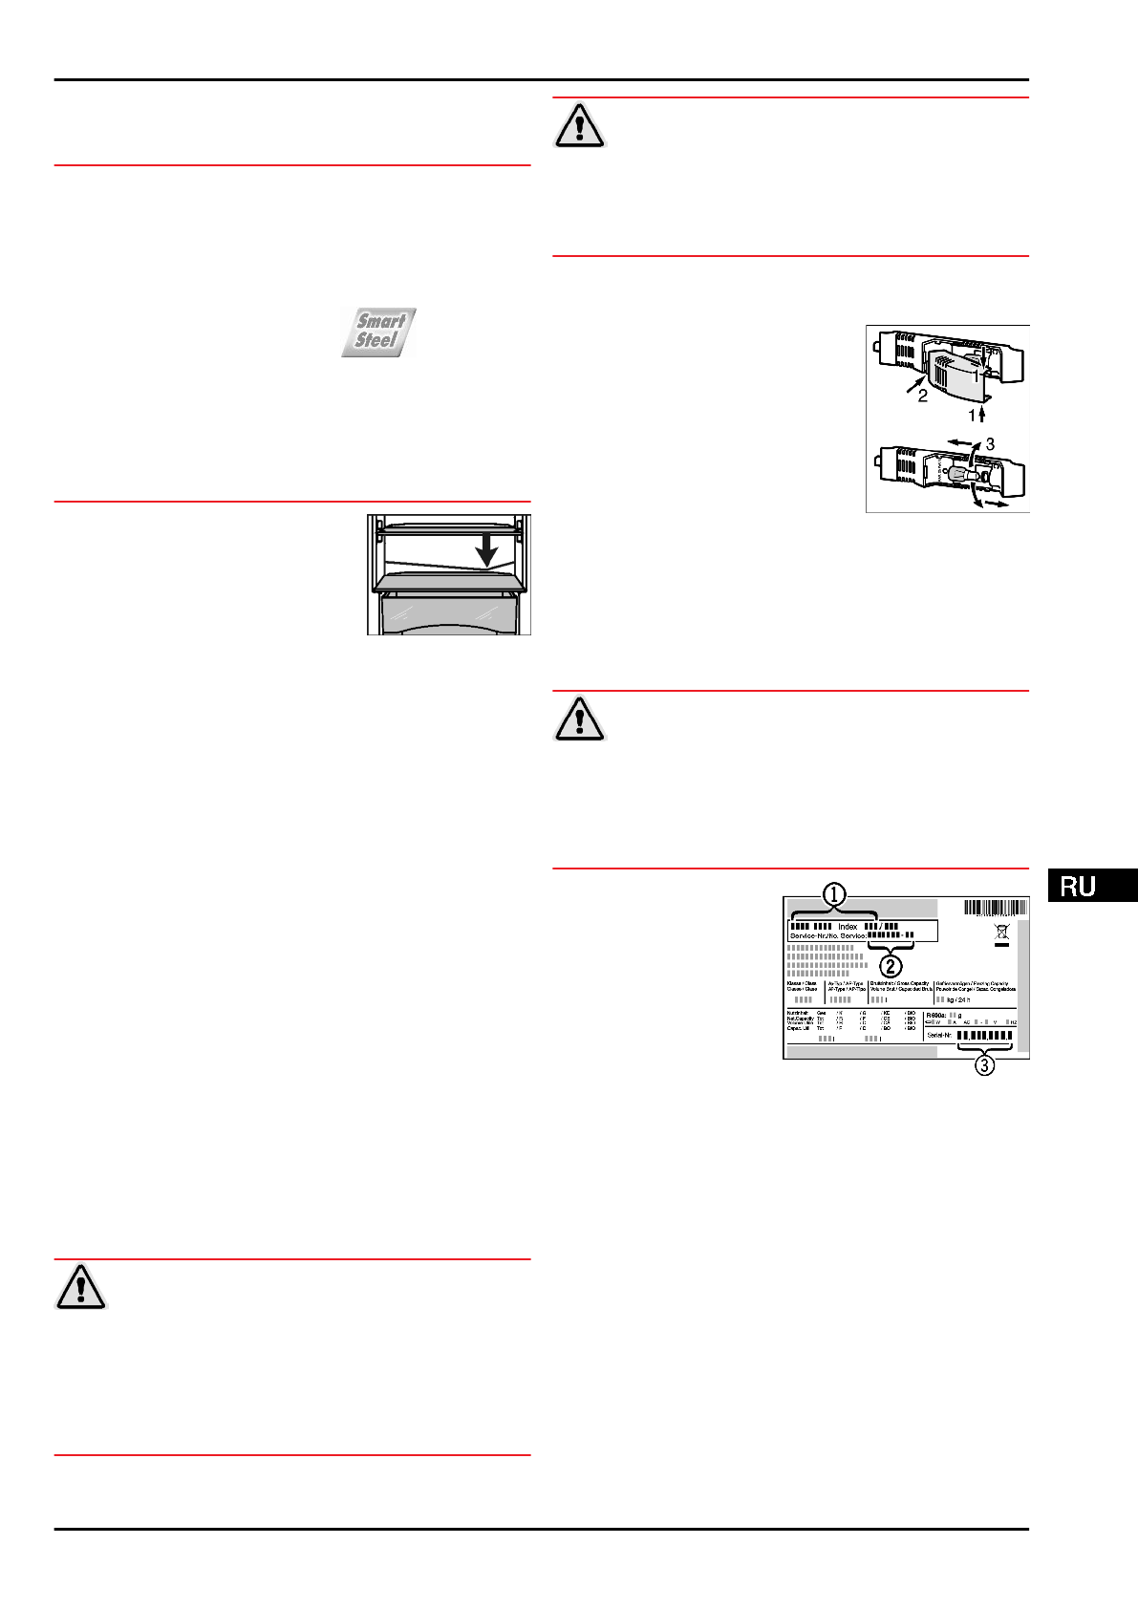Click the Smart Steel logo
click(x=379, y=332)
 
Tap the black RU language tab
click(x=1091, y=885)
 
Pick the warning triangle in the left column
click(x=81, y=1286)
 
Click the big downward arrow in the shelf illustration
click(x=486, y=549)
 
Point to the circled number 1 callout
click(x=835, y=895)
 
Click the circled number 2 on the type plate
click(x=891, y=966)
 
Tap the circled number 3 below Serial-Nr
click(x=984, y=1064)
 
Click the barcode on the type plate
click(x=995, y=909)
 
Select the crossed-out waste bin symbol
click(x=1001, y=932)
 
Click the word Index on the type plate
click(x=848, y=926)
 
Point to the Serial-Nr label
click(x=939, y=1035)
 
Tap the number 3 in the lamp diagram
click(x=990, y=444)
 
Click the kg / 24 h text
click(x=958, y=999)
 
